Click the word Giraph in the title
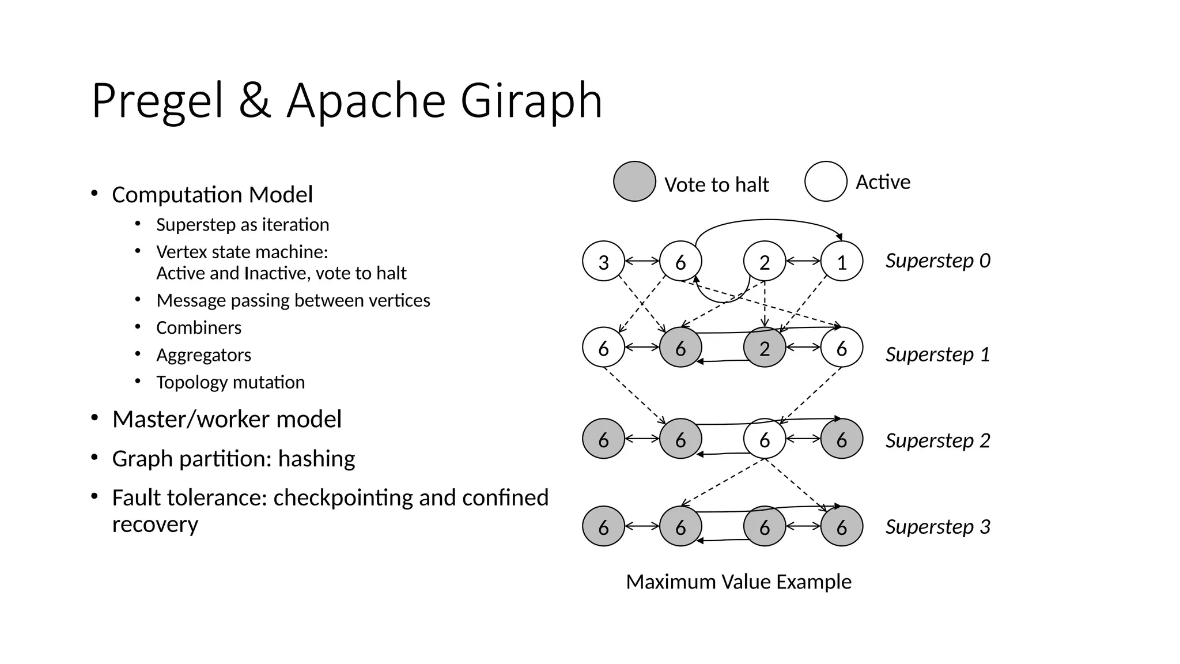(x=531, y=101)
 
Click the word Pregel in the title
(x=157, y=101)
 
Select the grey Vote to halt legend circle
(x=634, y=182)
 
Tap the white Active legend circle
(x=826, y=182)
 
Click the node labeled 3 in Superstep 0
(x=603, y=262)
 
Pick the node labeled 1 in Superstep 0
(x=841, y=262)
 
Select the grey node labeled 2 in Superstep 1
(x=765, y=348)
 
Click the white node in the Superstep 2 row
(x=765, y=439)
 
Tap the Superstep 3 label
(x=937, y=527)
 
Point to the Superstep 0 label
(x=937, y=261)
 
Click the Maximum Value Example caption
(x=738, y=582)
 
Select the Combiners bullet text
(x=199, y=327)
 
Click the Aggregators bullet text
(x=203, y=355)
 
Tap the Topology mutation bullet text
(x=230, y=382)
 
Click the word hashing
(x=316, y=459)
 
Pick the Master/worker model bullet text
(x=226, y=419)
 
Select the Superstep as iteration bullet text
(x=243, y=224)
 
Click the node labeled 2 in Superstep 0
(x=765, y=262)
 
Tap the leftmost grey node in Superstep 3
(x=603, y=526)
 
